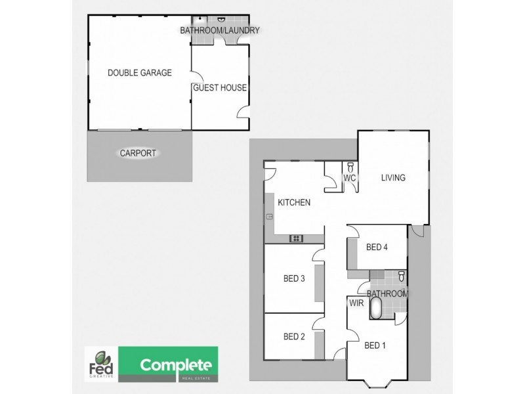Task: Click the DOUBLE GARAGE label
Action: pyautogui.click(x=139, y=73)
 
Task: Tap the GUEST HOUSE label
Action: pyautogui.click(x=219, y=87)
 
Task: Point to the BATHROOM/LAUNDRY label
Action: pyautogui.click(x=220, y=30)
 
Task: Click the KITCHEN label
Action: pyautogui.click(x=293, y=202)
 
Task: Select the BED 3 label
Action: pyautogui.click(x=294, y=278)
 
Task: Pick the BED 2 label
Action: pyautogui.click(x=294, y=337)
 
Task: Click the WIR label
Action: pyautogui.click(x=357, y=304)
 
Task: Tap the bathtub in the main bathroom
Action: pyautogui.click(x=376, y=309)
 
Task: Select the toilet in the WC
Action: pyautogui.click(x=350, y=167)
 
